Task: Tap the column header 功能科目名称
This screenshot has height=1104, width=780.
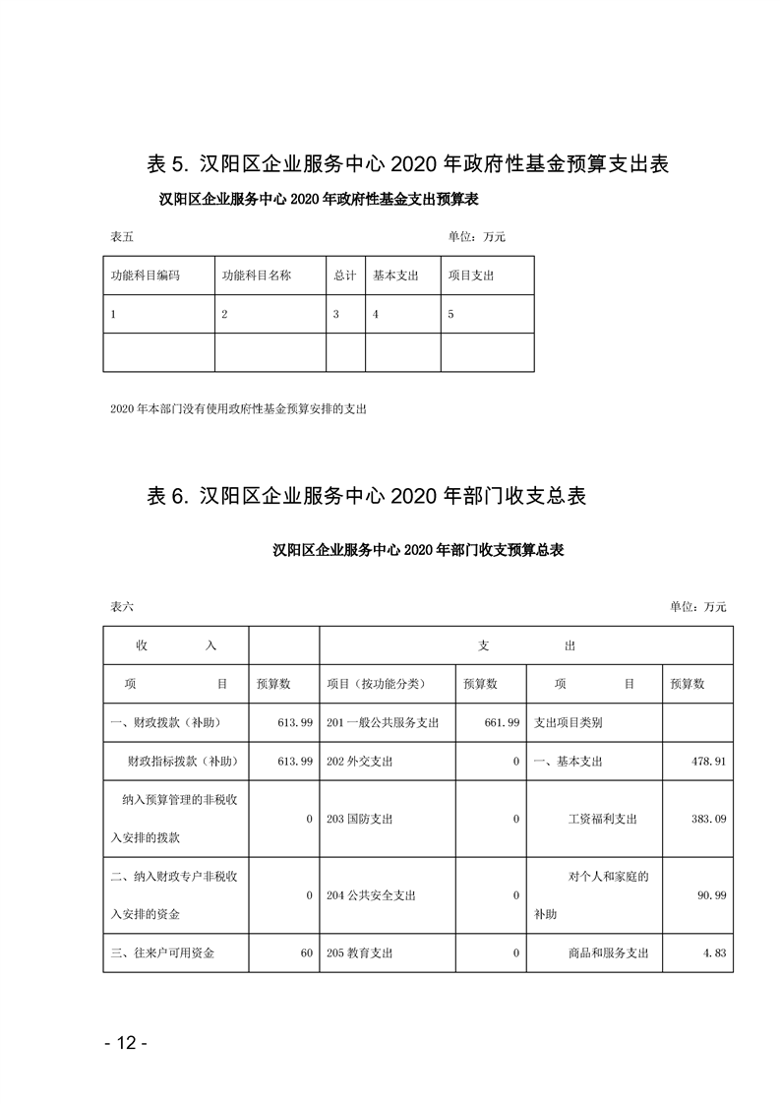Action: [x=257, y=276]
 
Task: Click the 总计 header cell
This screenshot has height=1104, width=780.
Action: [x=344, y=276]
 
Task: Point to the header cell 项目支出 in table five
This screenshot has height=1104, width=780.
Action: [x=471, y=276]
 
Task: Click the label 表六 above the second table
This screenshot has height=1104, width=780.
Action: [x=122, y=607]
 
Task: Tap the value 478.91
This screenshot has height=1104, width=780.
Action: [x=706, y=762]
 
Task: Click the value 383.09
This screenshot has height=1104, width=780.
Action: [x=706, y=819]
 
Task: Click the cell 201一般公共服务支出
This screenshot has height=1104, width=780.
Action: [x=382, y=722]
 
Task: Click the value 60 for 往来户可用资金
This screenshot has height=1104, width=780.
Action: [x=306, y=952]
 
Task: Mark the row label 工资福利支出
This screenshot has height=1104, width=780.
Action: [x=603, y=819]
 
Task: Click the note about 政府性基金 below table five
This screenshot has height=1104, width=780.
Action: [x=239, y=407]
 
